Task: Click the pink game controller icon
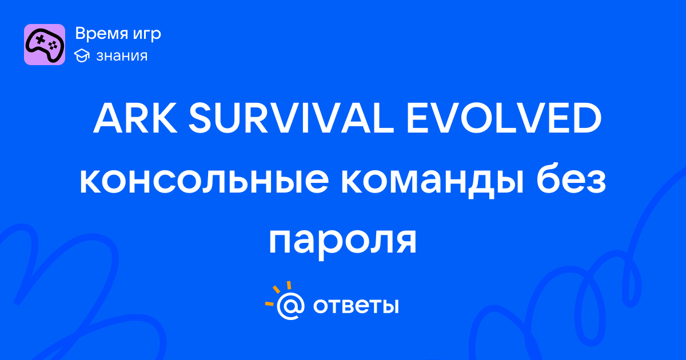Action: pyautogui.click(x=45, y=45)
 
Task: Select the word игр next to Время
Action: pyautogui.click(x=147, y=35)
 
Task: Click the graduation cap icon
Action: pyautogui.click(x=82, y=55)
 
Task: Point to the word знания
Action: pyautogui.click(x=122, y=56)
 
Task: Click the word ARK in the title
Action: pyautogui.click(x=135, y=118)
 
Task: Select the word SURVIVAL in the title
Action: pyautogui.click(x=291, y=118)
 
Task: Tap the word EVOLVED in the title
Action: pyautogui.click(x=504, y=118)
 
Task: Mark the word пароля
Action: pyautogui.click(x=342, y=242)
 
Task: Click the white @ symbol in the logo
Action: pyautogui.click(x=290, y=306)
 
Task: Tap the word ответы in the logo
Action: pyautogui.click(x=356, y=306)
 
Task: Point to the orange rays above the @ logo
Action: pyautogui.click(x=277, y=293)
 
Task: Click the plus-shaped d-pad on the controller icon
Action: pyautogui.click(x=40, y=40)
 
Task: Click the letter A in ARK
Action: pyautogui.click(x=108, y=118)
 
